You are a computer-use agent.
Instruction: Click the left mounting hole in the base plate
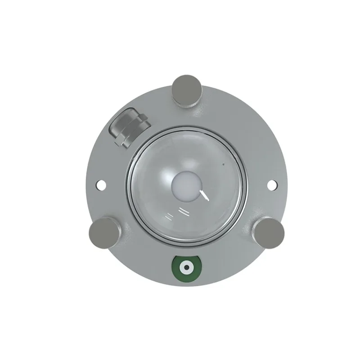tap(101, 184)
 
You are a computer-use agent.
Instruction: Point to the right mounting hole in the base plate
tap(271, 184)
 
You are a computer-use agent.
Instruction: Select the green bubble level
tap(186, 267)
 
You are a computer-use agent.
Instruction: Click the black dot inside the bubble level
tap(186, 267)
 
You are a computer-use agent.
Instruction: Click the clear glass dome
tap(216, 211)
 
